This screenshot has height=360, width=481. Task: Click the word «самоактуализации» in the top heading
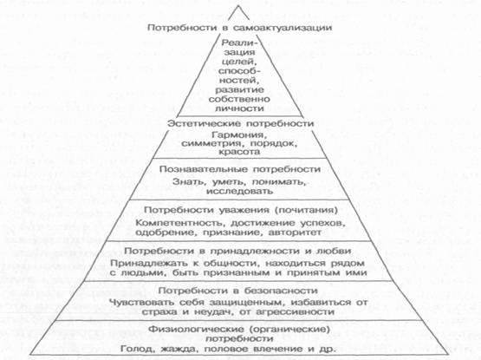pyautogui.click(x=283, y=28)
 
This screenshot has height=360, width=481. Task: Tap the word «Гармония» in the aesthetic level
pyautogui.click(x=237, y=135)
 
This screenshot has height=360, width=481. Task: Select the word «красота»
pyautogui.click(x=239, y=152)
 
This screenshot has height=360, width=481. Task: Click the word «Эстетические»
pyautogui.click(x=204, y=124)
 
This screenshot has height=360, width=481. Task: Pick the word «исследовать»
pyautogui.click(x=239, y=192)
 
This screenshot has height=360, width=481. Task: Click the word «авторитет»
pyautogui.click(x=295, y=232)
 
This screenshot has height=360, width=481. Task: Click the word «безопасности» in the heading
pyautogui.click(x=281, y=291)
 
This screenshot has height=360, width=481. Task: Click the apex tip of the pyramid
pyautogui.click(x=238, y=6)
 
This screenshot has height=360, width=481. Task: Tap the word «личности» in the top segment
pyautogui.click(x=239, y=108)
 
